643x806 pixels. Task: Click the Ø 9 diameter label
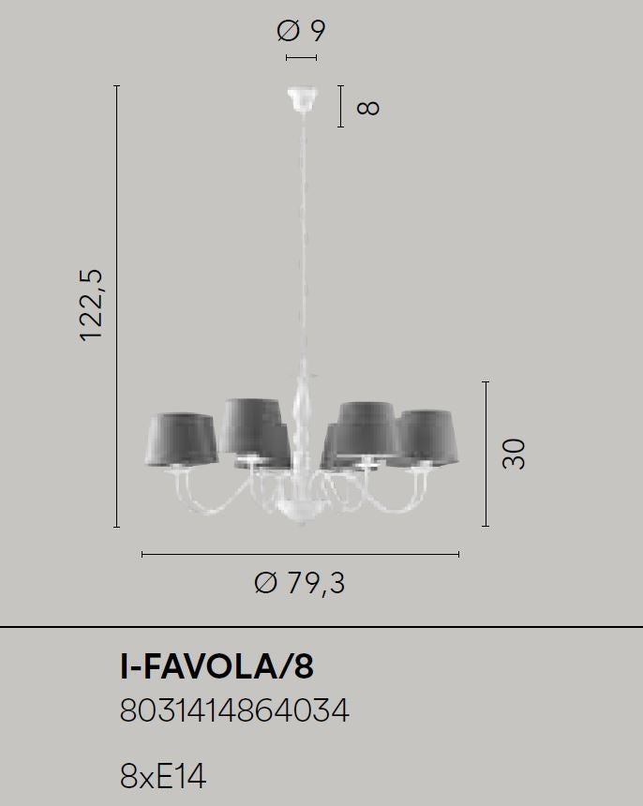pos(301,30)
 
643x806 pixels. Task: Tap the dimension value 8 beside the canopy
pos(368,108)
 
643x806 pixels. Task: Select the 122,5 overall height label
pos(92,305)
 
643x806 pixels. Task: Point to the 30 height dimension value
pos(514,454)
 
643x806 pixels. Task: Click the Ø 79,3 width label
pos(300,583)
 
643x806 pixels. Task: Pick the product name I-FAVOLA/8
pos(217,666)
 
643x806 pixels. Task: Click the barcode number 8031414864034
pos(234,710)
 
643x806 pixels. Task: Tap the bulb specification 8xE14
pos(163,776)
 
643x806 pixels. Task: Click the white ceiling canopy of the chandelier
pos(302,99)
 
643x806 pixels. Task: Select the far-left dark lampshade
pos(182,439)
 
